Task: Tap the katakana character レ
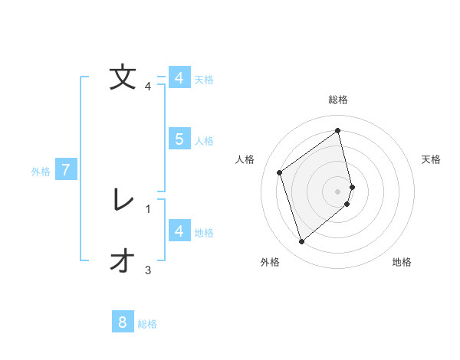click(x=123, y=200)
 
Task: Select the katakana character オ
click(x=123, y=261)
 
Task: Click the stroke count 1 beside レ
click(x=148, y=208)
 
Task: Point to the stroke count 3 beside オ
click(x=148, y=270)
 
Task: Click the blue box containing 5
click(x=179, y=139)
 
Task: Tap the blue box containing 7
click(x=66, y=170)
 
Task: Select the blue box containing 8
click(x=123, y=322)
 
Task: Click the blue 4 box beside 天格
click(x=179, y=78)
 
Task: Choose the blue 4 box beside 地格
click(x=179, y=231)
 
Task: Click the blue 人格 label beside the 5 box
click(x=204, y=141)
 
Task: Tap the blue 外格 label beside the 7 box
click(x=41, y=172)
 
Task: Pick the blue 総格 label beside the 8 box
click(x=147, y=324)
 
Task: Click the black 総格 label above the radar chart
click(x=338, y=100)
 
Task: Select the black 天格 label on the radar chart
click(x=432, y=159)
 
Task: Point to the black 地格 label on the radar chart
click(x=402, y=263)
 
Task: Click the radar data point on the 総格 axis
click(x=338, y=131)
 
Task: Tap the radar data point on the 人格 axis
click(x=280, y=172)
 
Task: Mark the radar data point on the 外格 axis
click(x=301, y=242)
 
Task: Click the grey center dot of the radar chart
click(x=338, y=191)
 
